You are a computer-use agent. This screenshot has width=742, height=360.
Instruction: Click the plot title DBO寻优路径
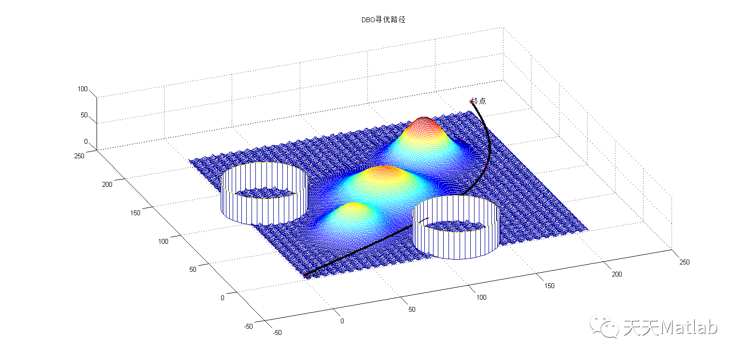(383, 19)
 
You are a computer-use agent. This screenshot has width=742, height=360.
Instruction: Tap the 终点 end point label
(479, 101)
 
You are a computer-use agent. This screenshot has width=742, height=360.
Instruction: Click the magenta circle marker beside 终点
(471, 101)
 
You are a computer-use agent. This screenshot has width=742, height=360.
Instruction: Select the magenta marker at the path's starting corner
(305, 275)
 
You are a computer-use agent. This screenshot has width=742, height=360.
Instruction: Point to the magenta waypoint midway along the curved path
(486, 167)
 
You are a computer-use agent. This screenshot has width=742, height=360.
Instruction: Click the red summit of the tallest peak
(424, 120)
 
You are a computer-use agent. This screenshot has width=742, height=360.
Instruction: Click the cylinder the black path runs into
(456, 227)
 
